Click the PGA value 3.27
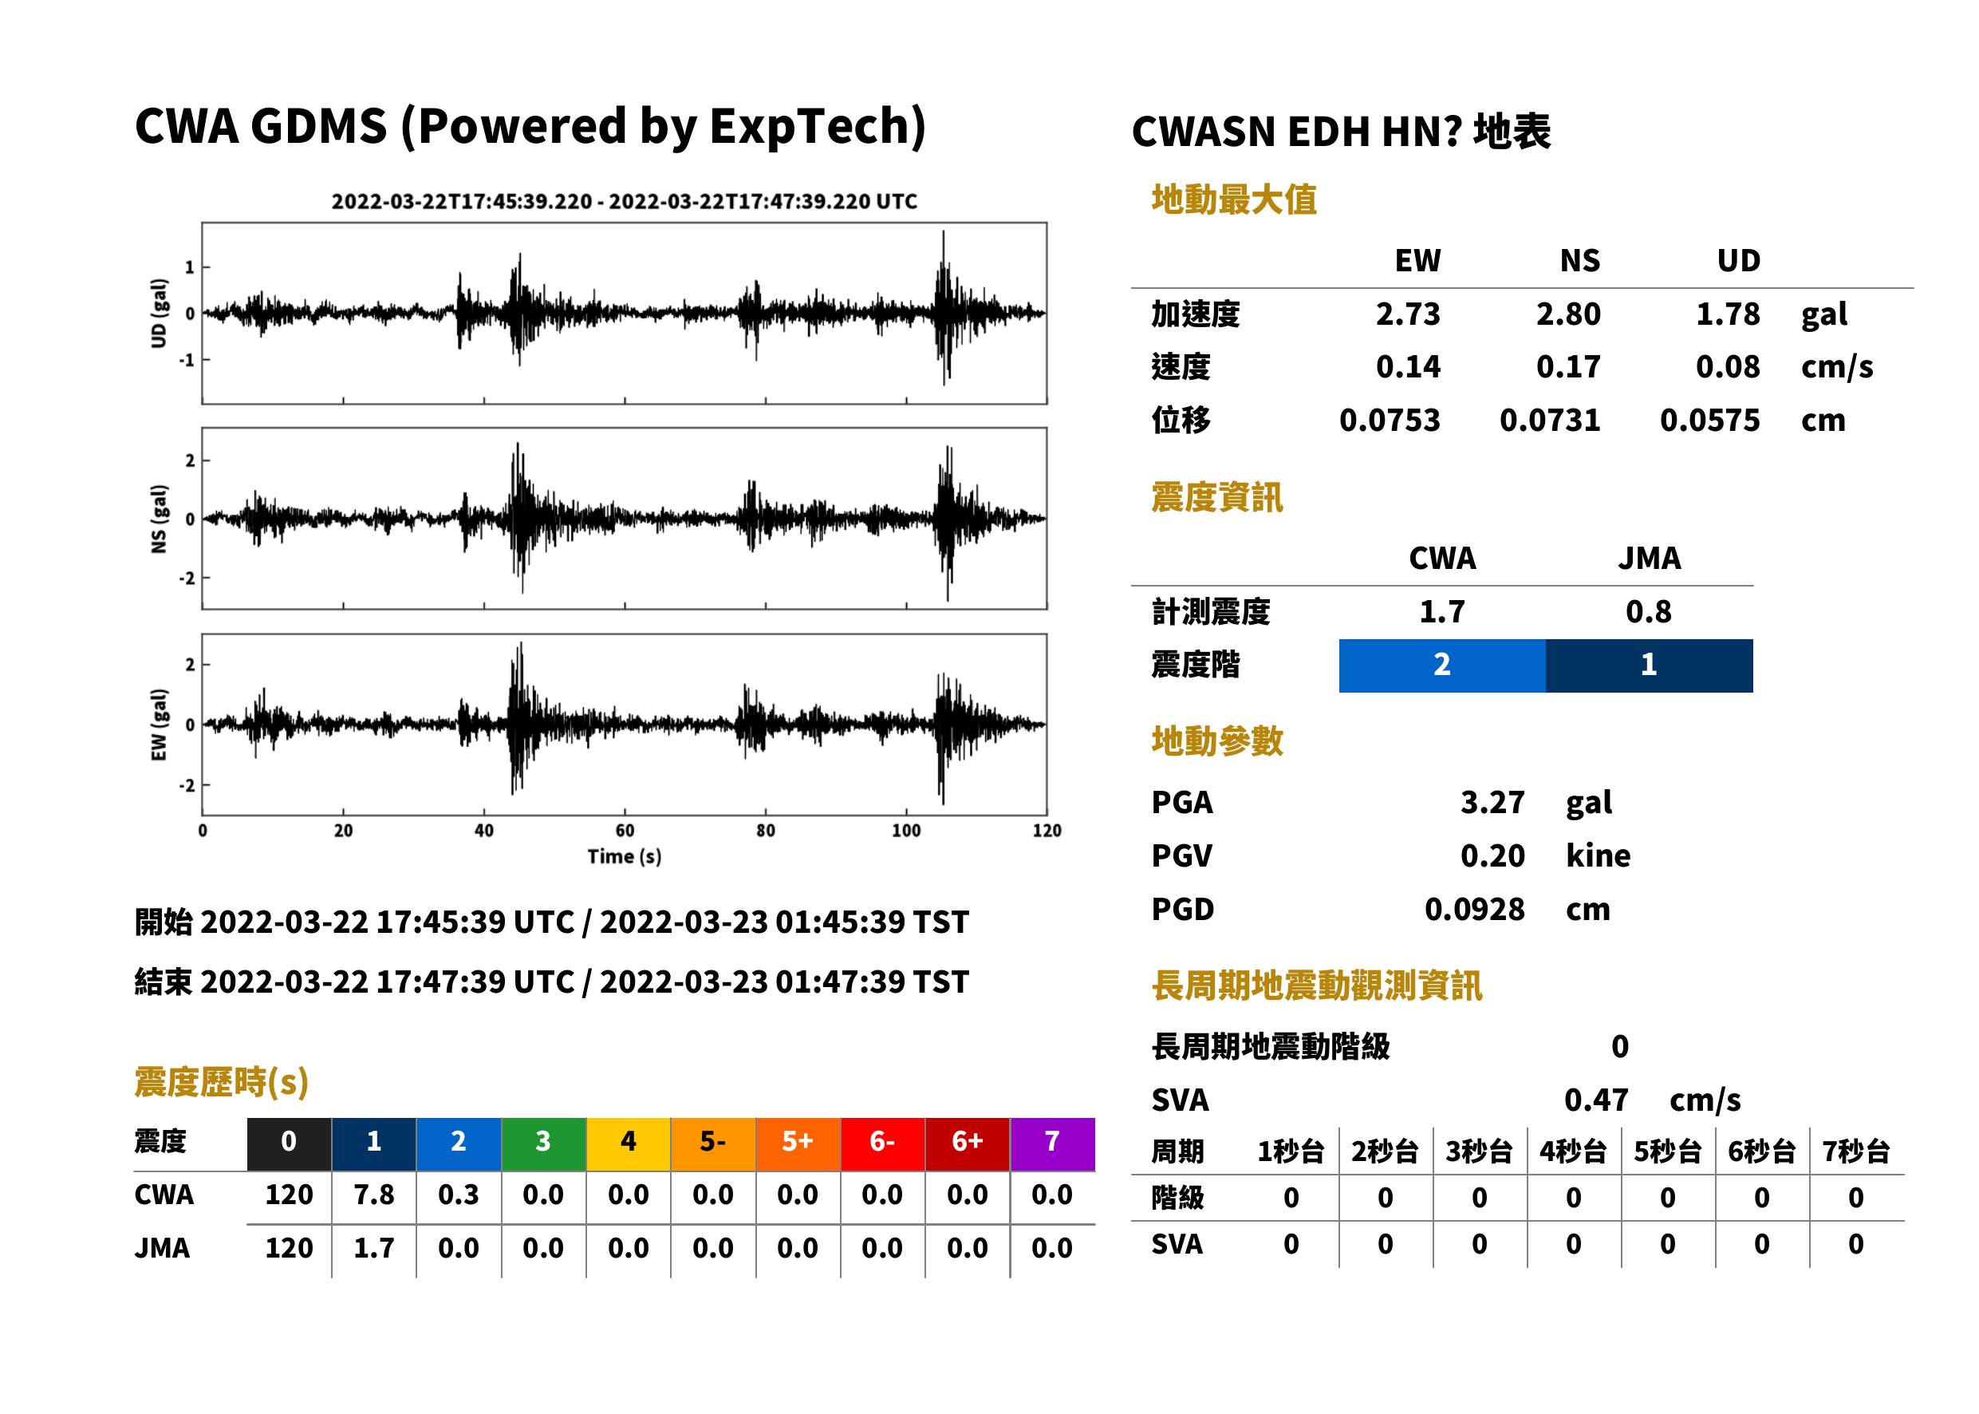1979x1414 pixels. pos(1492,802)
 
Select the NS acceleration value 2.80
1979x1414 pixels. pos(1567,314)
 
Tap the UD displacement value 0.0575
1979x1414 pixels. pos(1709,420)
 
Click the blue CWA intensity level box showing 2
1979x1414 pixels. pos(1442,666)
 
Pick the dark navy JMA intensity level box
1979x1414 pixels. pos(1650,666)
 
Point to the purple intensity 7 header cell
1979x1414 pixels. pos(1052,1143)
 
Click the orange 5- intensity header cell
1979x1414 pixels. pos(713,1143)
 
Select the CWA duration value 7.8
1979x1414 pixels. pos(373,1195)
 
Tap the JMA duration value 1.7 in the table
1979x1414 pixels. pos(373,1248)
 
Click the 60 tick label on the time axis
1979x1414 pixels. pos(625,831)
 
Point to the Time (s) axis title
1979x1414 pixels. pos(624,857)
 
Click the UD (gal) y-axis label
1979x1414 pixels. pos(159,314)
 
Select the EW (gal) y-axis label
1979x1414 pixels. pos(159,725)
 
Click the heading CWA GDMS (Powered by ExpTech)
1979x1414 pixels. pos(530,127)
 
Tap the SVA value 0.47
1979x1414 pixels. pos(1596,1100)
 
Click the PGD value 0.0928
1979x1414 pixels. pos(1474,909)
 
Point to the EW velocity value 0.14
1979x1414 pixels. pos(1407,366)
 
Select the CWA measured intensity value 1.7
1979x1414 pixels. pos(1442,611)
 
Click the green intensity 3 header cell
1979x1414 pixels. pos(543,1143)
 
